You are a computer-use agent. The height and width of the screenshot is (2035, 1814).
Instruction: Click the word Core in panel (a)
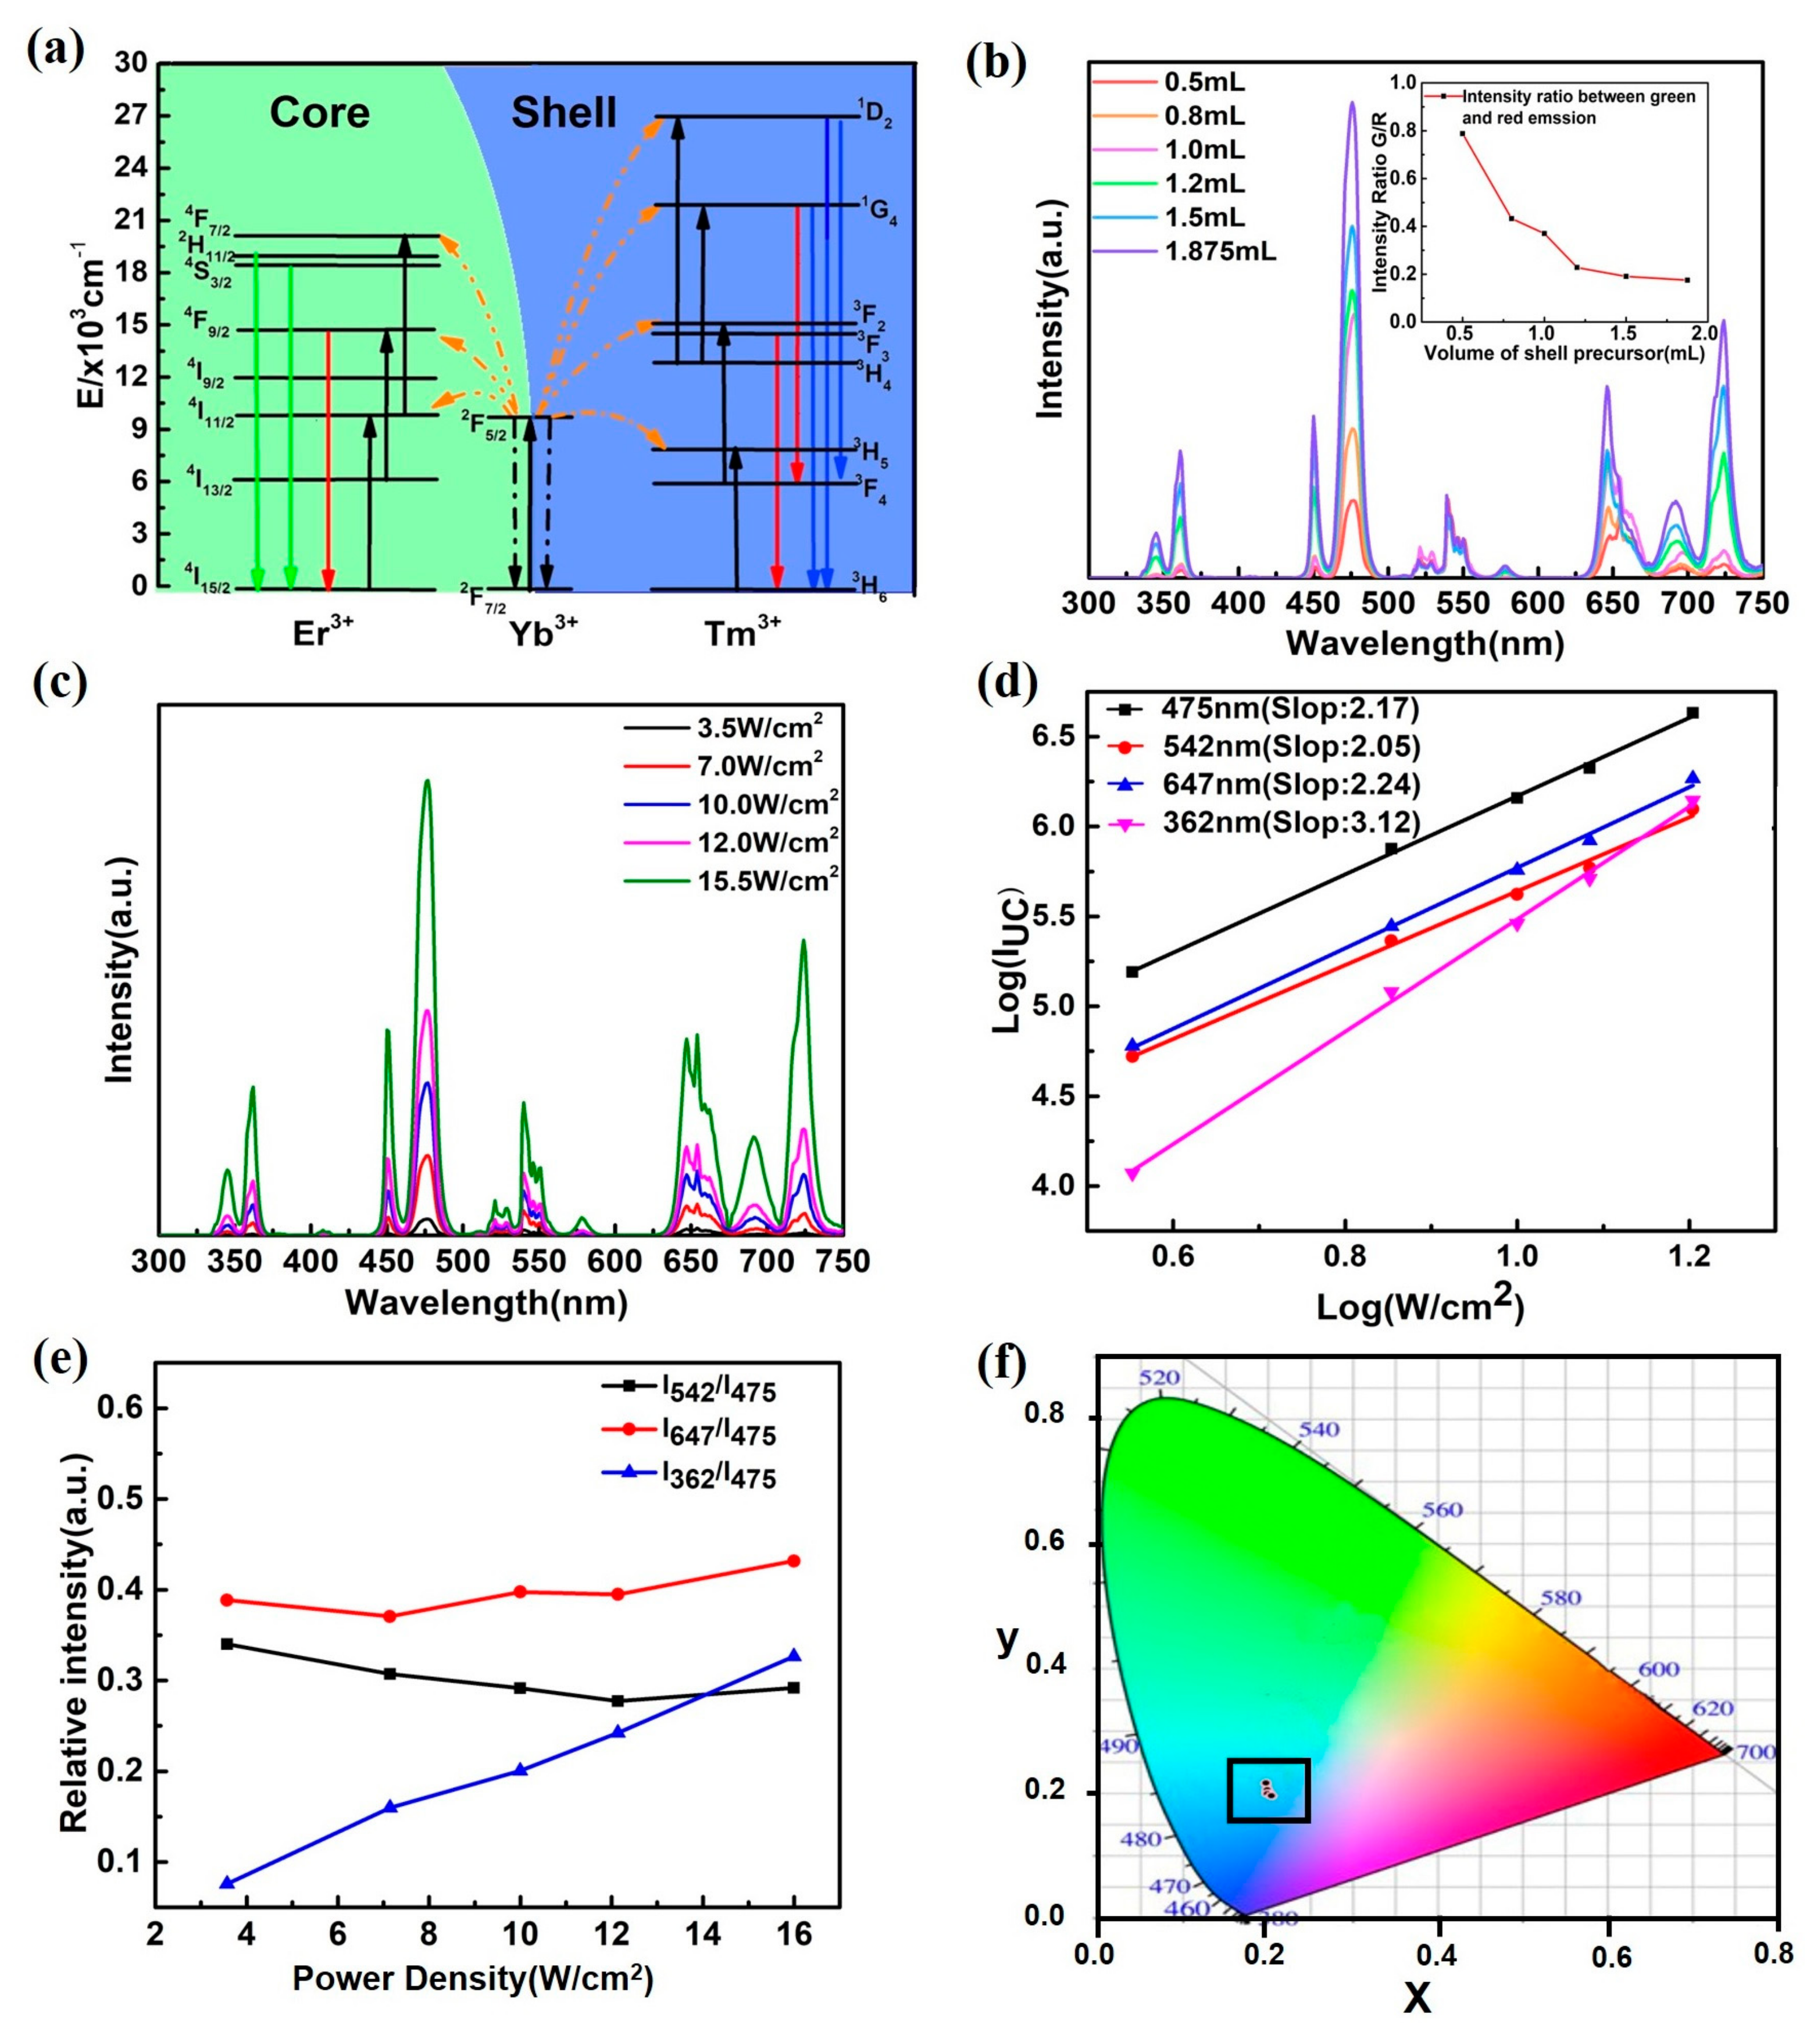[x=319, y=113]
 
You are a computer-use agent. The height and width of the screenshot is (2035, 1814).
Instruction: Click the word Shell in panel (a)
[x=564, y=113]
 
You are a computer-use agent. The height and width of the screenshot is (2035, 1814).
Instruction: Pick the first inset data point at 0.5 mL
[x=1462, y=134]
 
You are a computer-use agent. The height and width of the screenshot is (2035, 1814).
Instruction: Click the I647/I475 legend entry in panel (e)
[x=717, y=1432]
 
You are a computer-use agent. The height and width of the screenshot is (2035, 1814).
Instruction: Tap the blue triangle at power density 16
[x=794, y=1655]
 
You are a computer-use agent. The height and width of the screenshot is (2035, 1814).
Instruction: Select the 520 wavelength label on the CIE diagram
[x=1159, y=1378]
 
